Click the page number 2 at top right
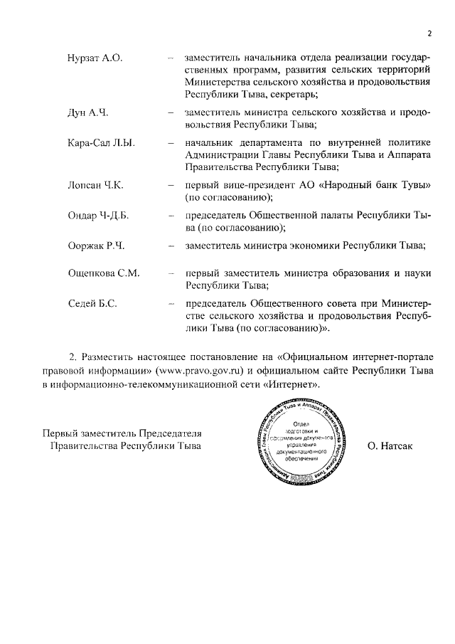point(430,33)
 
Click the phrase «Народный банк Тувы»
point(377,185)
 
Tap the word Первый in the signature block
point(60,433)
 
